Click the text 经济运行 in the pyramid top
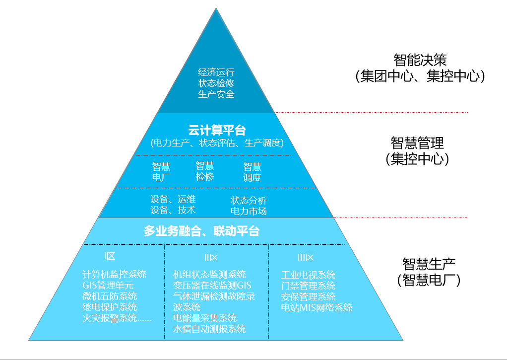point(216,72)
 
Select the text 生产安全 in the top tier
point(216,94)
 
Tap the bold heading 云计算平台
point(217,131)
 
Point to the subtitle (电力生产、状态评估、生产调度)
point(217,144)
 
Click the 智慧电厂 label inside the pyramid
point(161,172)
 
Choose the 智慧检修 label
point(204,171)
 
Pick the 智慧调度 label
point(252,172)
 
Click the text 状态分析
point(249,201)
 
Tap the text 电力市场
point(249,211)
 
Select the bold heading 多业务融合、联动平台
point(201,231)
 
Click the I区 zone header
point(110,256)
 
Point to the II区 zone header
point(211,257)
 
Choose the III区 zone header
point(306,257)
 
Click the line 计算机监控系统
point(114,274)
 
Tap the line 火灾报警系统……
point(117,318)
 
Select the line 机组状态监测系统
point(209,274)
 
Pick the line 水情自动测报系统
point(209,329)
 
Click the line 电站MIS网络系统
point(317,307)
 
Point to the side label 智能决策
point(420,60)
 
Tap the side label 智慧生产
point(429,263)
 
